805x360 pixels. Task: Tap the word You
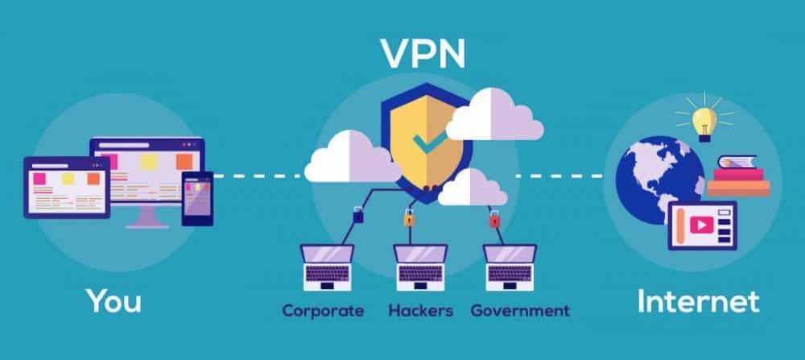click(114, 301)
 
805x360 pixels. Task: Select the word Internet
click(698, 301)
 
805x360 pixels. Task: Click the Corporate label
click(323, 310)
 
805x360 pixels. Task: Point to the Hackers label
click(420, 310)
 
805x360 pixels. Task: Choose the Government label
click(520, 310)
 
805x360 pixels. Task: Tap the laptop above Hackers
click(420, 267)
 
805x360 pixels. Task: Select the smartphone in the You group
click(197, 198)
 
